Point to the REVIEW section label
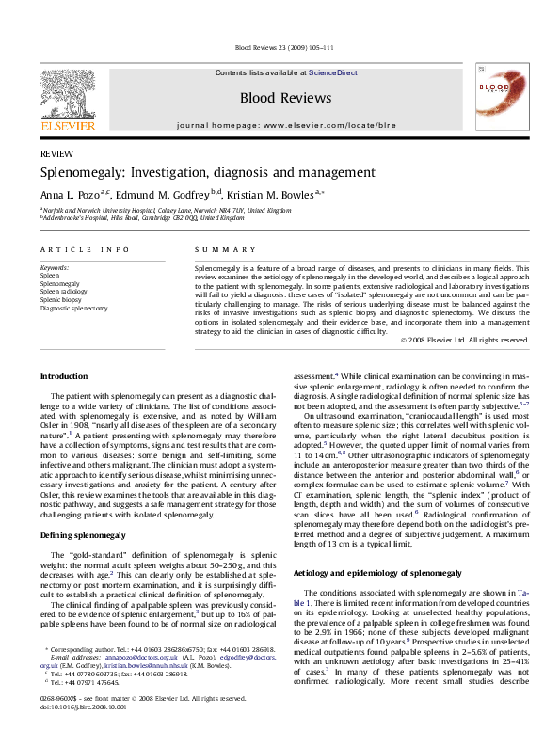coord(55,153)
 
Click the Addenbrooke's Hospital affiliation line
coord(141,216)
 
